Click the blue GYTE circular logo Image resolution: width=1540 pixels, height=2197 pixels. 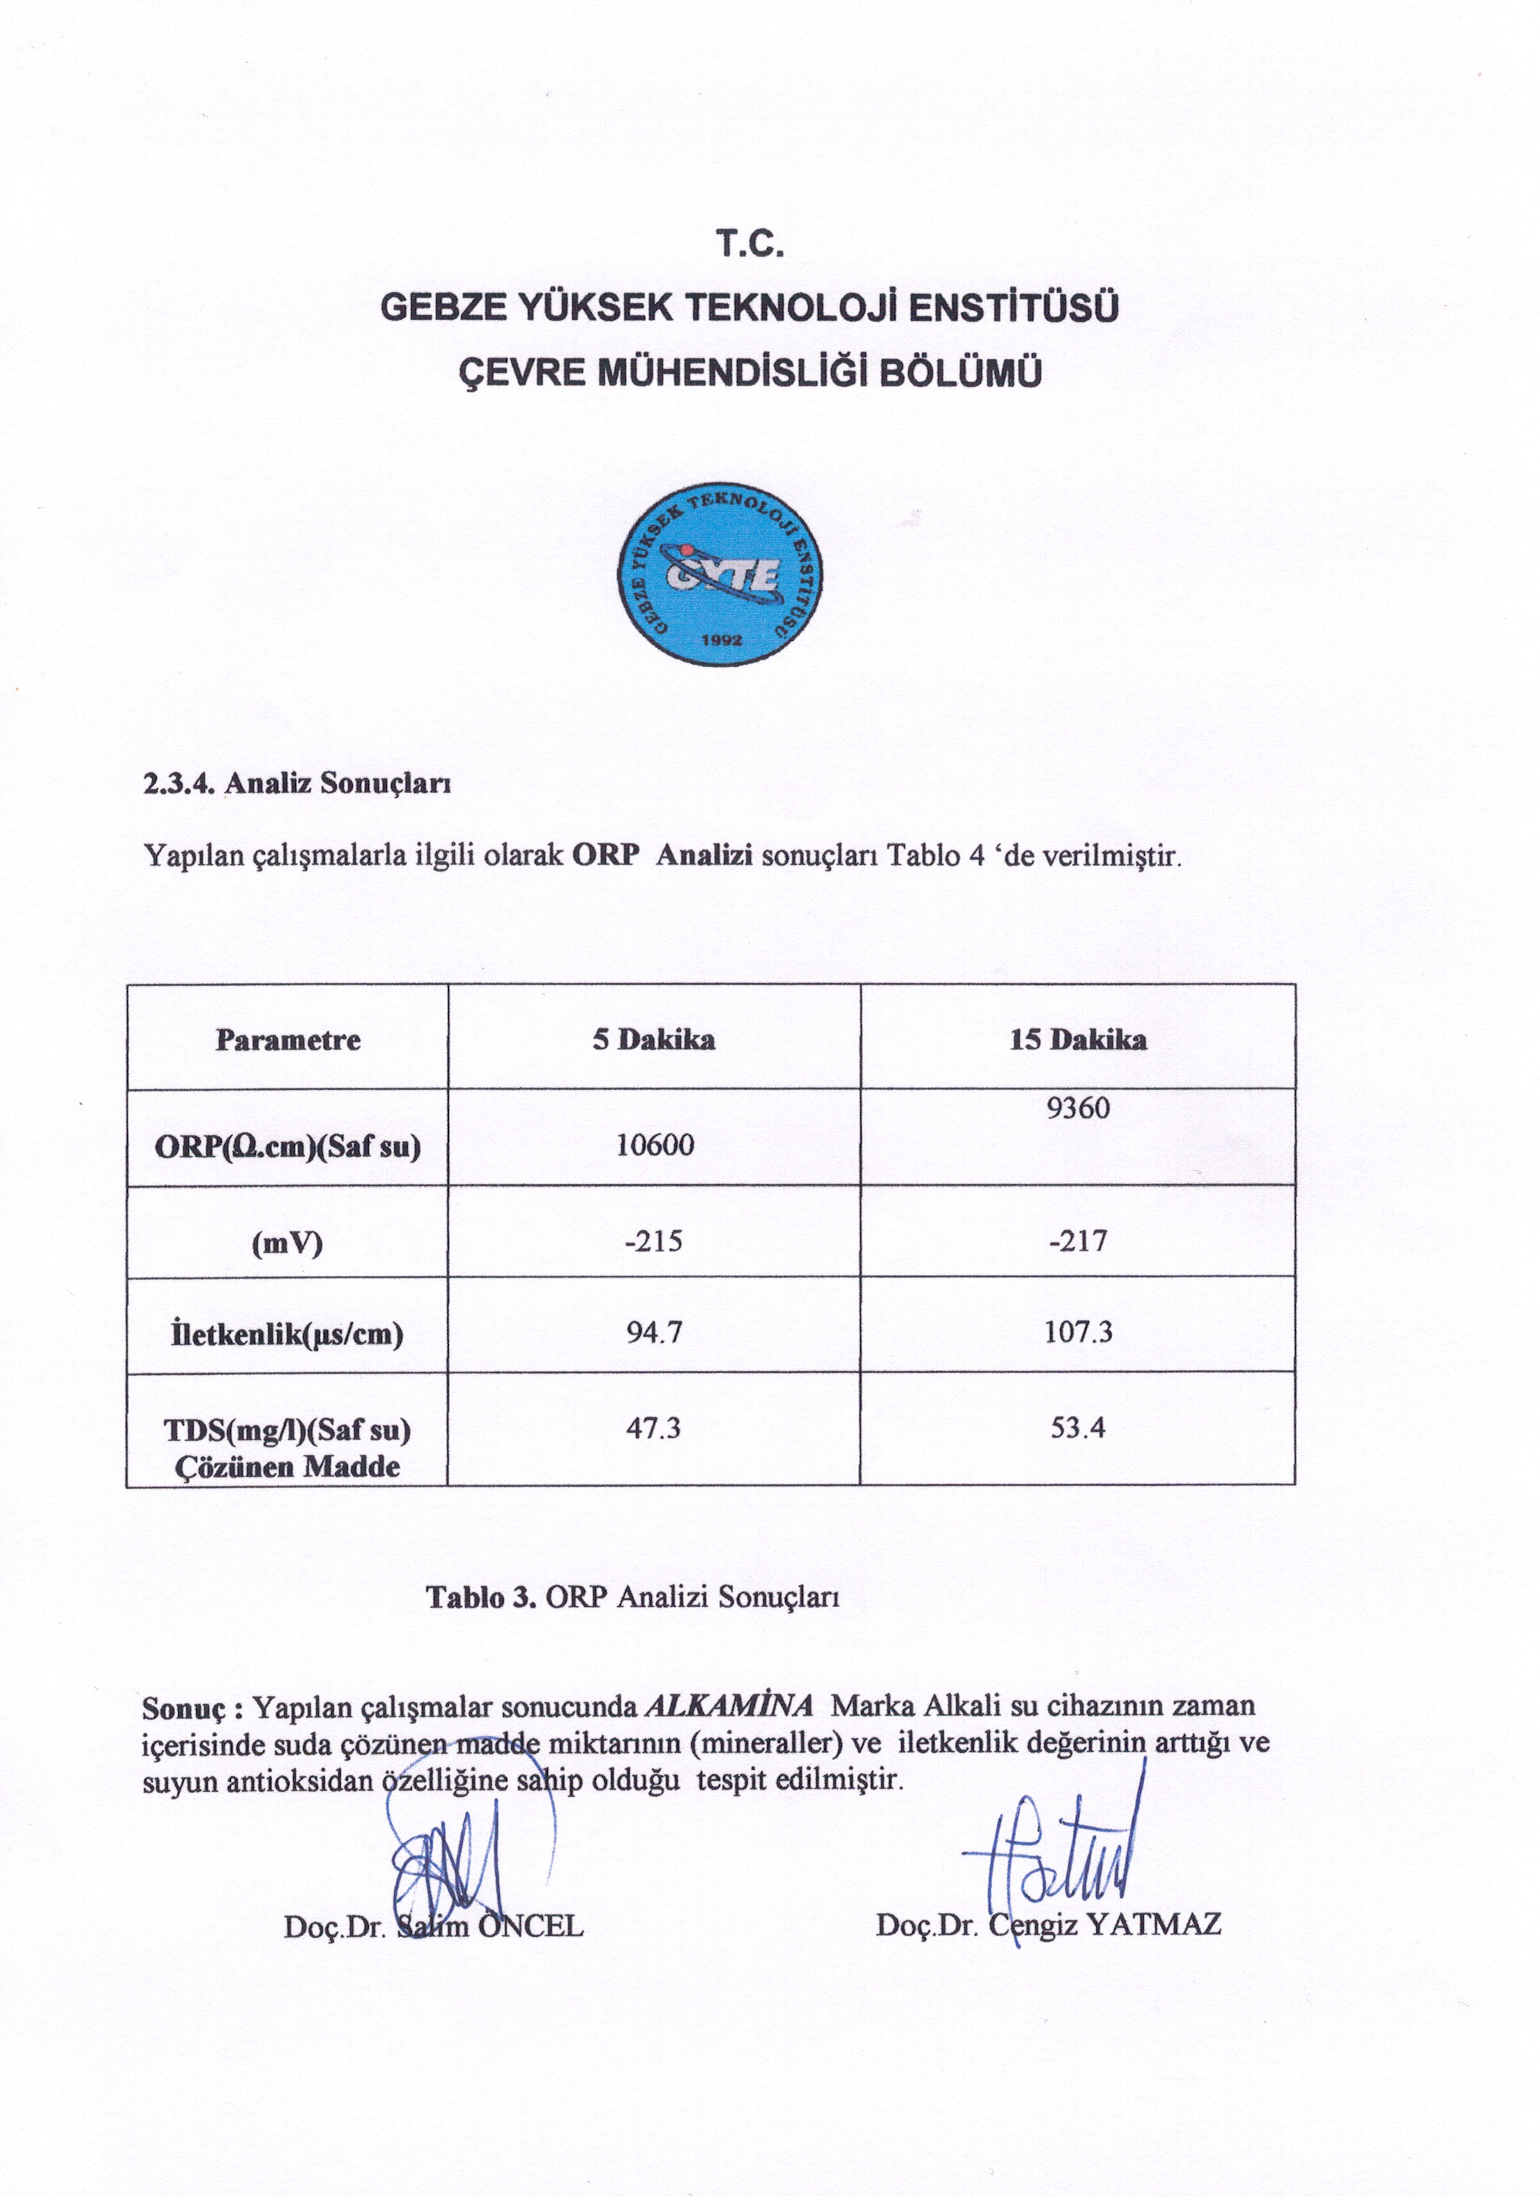pos(719,574)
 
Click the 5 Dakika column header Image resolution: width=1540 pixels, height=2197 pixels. pos(654,1040)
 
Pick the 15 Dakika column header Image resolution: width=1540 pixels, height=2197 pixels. pos(1078,1040)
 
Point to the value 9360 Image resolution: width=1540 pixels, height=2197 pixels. pos(1078,1108)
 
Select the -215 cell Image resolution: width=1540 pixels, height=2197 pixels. pos(654,1241)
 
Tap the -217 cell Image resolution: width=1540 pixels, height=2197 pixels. pos(1078,1241)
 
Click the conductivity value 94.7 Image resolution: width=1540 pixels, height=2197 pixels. pos(654,1332)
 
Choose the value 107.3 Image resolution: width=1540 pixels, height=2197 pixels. pos(1078,1332)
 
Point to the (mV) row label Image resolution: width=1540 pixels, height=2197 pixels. pos(287,1243)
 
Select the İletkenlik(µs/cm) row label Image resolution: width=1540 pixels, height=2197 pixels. pos(287,1334)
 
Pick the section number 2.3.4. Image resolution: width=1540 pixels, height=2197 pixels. pos(182,784)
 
